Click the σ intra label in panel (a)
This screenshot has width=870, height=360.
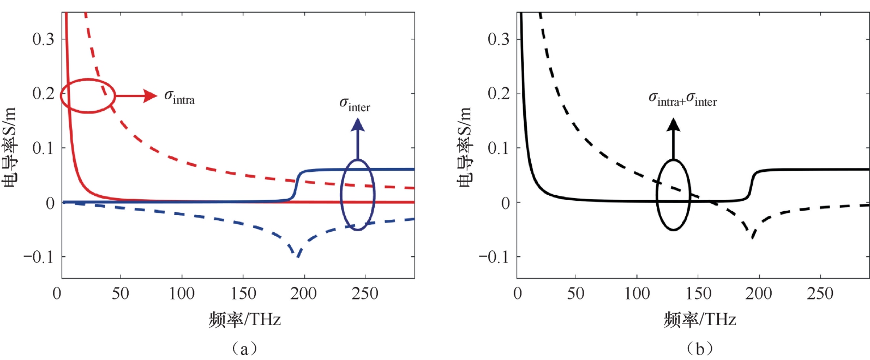179,97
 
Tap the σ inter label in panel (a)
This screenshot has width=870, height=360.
355,104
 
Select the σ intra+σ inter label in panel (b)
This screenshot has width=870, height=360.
682,99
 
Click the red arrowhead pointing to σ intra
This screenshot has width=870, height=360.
150,95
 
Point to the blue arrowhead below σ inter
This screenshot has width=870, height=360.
357,125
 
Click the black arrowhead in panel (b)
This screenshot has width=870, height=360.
674,125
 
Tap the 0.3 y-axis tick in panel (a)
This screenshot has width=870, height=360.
44,39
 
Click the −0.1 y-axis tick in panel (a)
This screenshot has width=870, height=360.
39,256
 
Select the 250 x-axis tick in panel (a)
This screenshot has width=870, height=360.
364,293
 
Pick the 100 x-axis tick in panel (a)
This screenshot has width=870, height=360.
181,293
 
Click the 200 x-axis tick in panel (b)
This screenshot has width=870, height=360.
759,293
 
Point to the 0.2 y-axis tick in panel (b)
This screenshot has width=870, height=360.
499,94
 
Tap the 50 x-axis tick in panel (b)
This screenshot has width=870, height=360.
575,293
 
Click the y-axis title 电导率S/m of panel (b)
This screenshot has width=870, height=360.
465,147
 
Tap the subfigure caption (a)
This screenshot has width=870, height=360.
244,348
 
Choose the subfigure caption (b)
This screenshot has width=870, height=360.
700,348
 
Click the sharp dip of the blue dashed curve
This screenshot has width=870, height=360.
298,256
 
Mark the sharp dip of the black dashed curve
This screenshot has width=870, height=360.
753,238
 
